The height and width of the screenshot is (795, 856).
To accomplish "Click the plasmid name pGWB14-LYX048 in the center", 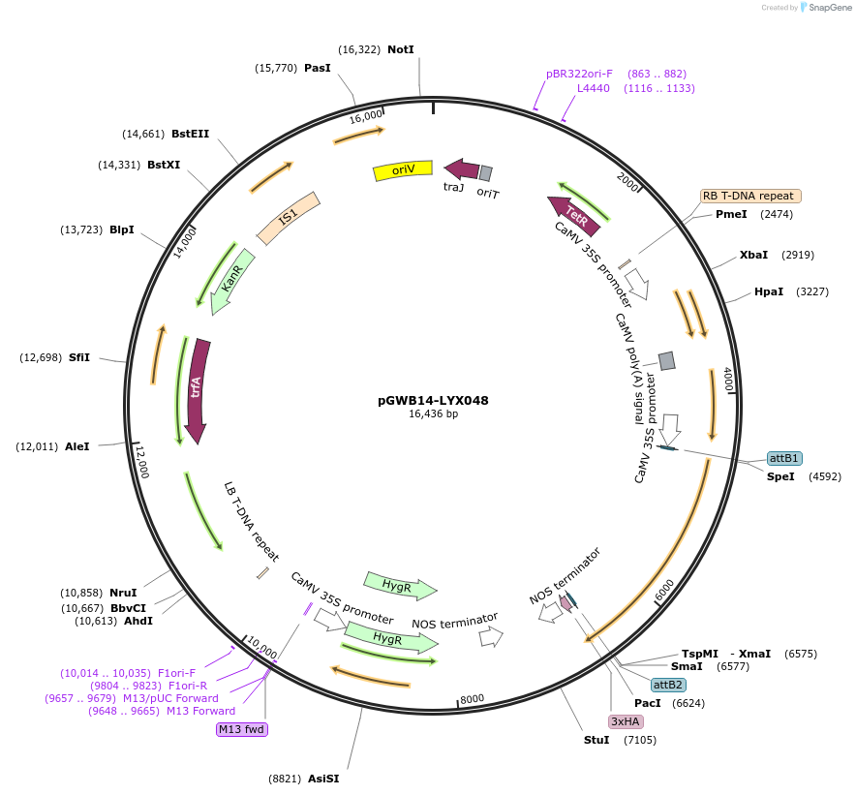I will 433,400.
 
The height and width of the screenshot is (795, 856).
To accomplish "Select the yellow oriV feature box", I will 402,170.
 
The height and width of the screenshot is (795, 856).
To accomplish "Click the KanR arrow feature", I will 232,281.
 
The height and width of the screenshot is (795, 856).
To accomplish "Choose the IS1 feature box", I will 288,218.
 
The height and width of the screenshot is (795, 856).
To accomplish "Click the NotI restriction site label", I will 401,49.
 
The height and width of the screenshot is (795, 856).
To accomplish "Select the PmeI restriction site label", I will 731,214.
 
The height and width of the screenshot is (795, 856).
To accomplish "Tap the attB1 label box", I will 783,458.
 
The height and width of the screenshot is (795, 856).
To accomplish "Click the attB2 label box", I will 668,685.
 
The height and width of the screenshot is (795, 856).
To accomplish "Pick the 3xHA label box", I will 625,721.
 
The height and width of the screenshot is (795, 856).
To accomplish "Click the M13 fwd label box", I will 241,729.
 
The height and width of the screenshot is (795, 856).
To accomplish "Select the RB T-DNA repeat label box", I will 750,196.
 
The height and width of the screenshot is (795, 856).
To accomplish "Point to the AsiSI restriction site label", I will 323,778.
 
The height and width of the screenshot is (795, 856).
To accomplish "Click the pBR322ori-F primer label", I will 579,74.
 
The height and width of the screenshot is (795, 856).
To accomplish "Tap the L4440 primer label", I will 594,88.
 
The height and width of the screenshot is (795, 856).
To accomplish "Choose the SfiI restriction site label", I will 79,357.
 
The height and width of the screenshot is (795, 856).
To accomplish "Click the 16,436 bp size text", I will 433,414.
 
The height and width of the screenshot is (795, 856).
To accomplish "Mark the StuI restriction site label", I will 596,740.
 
